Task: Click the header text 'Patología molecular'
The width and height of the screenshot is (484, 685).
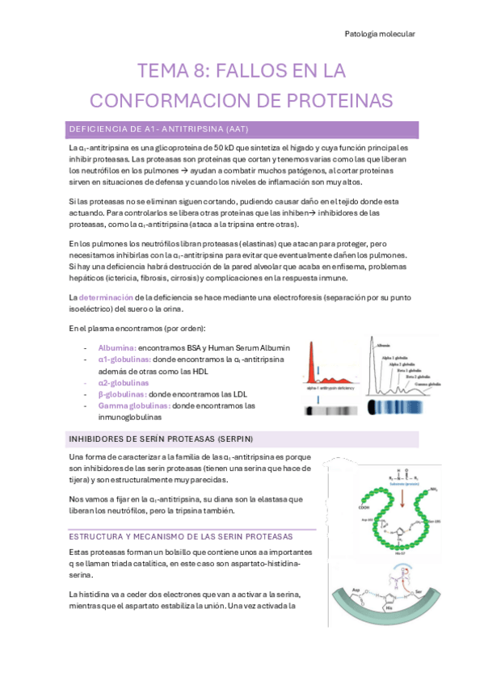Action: coord(381,34)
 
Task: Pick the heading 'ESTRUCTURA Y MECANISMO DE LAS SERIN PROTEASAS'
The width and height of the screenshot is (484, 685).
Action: coord(181,536)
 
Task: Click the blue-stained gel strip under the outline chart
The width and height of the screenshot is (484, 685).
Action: coord(392,407)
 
